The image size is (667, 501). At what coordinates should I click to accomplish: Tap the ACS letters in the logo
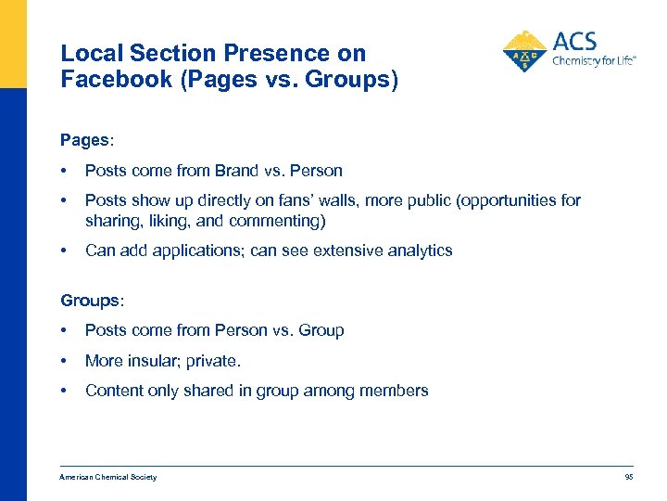574,42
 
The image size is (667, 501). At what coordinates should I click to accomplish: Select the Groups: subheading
92,300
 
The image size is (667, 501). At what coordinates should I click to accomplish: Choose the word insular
154,360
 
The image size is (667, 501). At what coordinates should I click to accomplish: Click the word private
215,360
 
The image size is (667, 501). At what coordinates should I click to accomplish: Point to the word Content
113,391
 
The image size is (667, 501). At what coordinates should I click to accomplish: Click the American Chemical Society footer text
108,477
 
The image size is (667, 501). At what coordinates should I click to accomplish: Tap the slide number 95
629,477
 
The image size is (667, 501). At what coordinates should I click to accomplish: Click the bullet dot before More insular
63,360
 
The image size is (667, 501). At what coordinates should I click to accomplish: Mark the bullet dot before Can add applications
63,250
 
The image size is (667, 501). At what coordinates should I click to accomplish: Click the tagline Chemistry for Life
594,61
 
